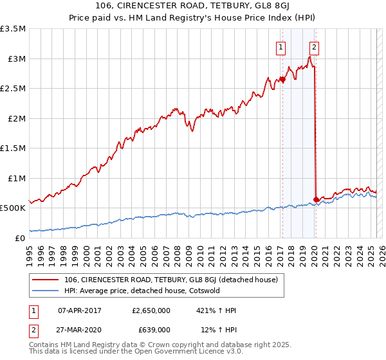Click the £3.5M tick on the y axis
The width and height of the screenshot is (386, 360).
point(14,29)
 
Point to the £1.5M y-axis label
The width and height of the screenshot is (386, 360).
point(14,148)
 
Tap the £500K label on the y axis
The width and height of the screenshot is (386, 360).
point(13,208)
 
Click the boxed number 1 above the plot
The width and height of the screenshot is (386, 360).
point(282,46)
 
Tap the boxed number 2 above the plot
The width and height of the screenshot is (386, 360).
point(315,46)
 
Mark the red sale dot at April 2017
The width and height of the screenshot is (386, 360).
point(282,80)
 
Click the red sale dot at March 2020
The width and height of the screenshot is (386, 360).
point(316,199)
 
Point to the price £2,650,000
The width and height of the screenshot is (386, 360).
point(150,310)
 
